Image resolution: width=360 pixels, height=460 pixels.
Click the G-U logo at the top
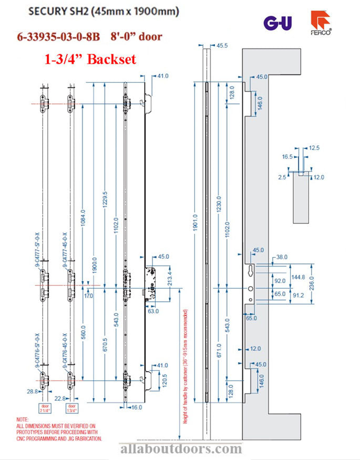[277, 23]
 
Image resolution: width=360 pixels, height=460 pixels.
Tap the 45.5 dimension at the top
[221, 46]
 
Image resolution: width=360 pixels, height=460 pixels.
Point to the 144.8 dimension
[297, 277]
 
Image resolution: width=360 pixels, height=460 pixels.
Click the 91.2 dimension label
[297, 295]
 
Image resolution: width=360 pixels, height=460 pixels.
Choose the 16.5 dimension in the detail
[287, 157]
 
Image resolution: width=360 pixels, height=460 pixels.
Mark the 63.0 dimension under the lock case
[153, 311]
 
